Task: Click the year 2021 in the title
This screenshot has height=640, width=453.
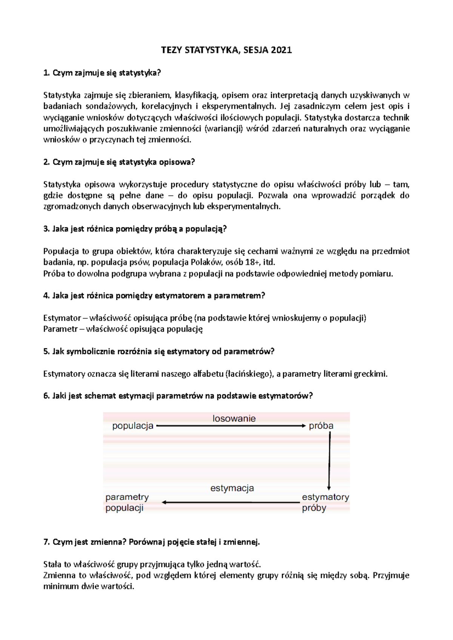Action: click(x=281, y=50)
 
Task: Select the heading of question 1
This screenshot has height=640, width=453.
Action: click(x=102, y=73)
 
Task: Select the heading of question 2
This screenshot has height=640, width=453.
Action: click(x=119, y=162)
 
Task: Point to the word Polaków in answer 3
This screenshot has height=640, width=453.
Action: click(x=204, y=262)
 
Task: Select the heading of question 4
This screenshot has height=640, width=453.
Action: click(x=154, y=296)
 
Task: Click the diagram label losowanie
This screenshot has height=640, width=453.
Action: click(x=234, y=418)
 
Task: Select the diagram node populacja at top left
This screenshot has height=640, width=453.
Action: click(x=133, y=426)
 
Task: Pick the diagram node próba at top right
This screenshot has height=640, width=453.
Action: click(x=321, y=426)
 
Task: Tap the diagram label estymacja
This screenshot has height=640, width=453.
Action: click(x=232, y=488)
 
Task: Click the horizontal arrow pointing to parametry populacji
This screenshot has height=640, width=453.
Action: click(x=230, y=502)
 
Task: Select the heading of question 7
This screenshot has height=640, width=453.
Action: click(x=152, y=542)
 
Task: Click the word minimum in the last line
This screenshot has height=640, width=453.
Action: click(x=60, y=586)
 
